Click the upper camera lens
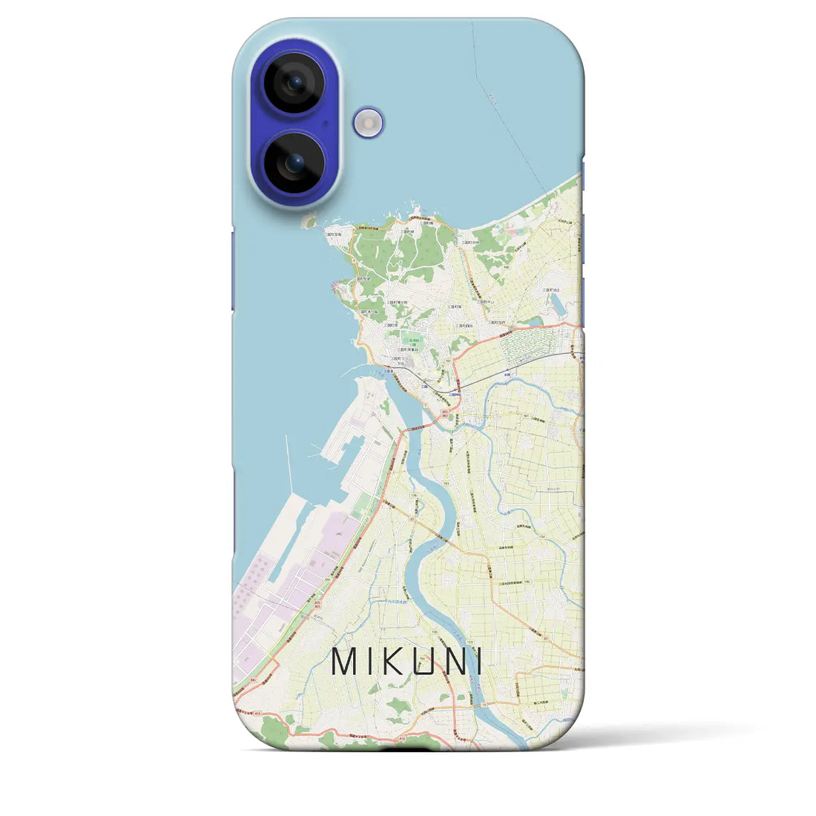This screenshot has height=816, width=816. click(x=295, y=82)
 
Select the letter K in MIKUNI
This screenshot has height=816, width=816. click(x=394, y=662)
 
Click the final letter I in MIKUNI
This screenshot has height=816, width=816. click(x=478, y=662)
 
